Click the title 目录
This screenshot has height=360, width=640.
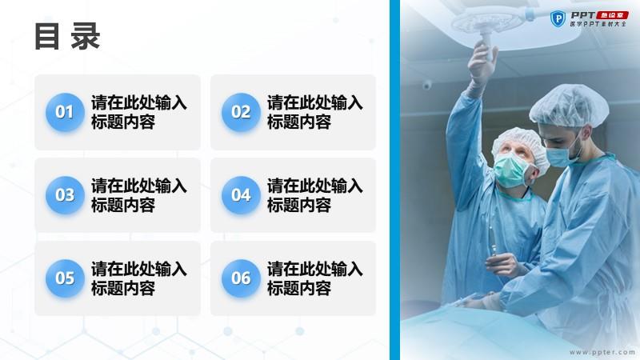67,36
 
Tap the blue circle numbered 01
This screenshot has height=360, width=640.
65,112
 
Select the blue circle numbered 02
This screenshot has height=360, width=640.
241,112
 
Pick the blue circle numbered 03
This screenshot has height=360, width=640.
65,195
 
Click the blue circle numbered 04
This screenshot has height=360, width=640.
241,195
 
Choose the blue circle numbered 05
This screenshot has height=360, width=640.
65,278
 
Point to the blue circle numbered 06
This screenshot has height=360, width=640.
241,278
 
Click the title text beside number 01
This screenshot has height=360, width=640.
138,112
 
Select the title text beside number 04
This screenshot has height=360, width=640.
314,195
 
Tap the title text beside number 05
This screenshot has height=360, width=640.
138,278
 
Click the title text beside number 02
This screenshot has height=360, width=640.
314,112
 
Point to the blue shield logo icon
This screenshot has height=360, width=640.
558,18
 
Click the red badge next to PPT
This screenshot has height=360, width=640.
612,15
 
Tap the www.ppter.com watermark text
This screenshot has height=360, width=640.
602,352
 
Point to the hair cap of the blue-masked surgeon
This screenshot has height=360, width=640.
569,106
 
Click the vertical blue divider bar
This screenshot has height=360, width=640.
394,180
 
